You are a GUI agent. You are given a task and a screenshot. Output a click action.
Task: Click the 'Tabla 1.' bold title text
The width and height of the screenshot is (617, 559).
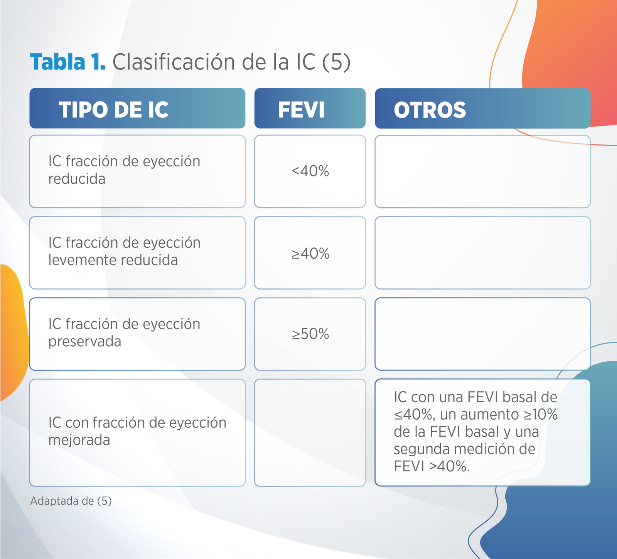pyautogui.click(x=68, y=62)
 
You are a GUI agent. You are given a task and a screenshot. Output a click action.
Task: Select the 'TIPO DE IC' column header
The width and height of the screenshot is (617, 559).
pyautogui.click(x=113, y=110)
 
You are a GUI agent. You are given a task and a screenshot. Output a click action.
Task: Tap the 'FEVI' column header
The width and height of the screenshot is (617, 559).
pyautogui.click(x=301, y=110)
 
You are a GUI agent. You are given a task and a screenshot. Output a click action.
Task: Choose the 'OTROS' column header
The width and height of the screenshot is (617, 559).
pyautogui.click(x=430, y=110)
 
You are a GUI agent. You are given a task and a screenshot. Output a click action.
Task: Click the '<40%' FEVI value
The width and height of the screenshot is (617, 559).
pyautogui.click(x=310, y=171)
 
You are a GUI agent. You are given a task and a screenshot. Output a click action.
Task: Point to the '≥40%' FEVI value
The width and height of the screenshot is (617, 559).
pyautogui.click(x=310, y=254)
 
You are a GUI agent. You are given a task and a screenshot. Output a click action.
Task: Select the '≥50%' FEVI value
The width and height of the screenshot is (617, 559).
pyautogui.click(x=310, y=334)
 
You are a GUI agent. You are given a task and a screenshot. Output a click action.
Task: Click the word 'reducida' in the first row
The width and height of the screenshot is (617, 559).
pyautogui.click(x=77, y=179)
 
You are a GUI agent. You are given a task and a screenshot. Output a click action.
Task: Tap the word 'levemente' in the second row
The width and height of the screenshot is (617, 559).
pyautogui.click(x=80, y=260)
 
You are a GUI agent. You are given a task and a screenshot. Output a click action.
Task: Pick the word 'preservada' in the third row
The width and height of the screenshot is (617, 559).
pyautogui.click(x=85, y=342)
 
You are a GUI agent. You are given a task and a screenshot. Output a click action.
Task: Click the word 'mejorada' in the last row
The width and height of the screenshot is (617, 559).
pyautogui.click(x=79, y=440)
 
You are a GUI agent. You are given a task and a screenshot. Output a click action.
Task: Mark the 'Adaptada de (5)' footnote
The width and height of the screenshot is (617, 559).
pyautogui.click(x=71, y=501)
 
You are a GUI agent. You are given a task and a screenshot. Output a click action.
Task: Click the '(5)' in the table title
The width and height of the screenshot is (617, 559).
pyautogui.click(x=336, y=62)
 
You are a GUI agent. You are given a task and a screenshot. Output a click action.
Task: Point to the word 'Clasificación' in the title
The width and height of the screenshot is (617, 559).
pyautogui.click(x=174, y=62)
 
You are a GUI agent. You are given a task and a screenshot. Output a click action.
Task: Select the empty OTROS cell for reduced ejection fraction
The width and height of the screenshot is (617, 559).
pyautogui.click(x=482, y=171)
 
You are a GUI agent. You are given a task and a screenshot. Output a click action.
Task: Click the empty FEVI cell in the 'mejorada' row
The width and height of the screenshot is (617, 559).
pyautogui.click(x=310, y=432)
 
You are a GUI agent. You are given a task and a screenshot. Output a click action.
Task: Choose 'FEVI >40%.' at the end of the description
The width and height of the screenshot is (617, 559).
pyautogui.click(x=432, y=467)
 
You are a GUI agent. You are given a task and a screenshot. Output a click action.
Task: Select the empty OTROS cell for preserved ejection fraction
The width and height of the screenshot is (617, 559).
pyautogui.click(x=482, y=334)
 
